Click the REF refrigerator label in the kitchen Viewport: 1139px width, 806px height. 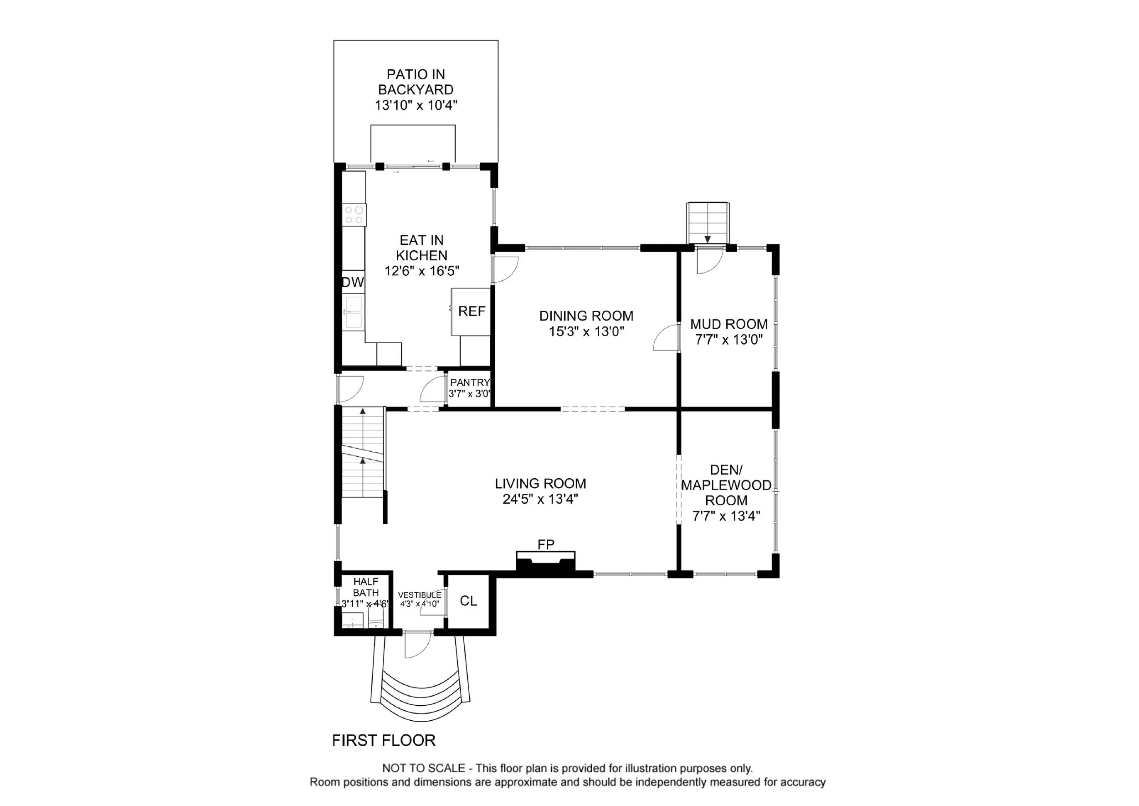pos(472,311)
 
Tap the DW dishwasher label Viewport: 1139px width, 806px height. pos(353,282)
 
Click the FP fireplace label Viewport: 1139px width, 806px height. pos(546,544)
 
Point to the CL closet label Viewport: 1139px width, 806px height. pos(468,601)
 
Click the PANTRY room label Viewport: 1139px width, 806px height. pos(470,382)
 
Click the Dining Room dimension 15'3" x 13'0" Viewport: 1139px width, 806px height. pos(586,331)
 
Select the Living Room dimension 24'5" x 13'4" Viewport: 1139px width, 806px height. pos(540,499)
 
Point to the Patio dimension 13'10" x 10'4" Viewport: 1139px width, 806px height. pos(416,105)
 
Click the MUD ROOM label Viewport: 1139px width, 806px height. pos(729,324)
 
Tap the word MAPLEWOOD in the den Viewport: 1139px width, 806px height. pos(726,485)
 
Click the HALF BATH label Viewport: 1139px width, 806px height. pos(366,587)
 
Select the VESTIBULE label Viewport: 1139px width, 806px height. pos(420,595)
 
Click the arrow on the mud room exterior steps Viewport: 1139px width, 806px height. pos(708,239)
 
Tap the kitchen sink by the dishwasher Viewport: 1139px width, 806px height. pos(354,312)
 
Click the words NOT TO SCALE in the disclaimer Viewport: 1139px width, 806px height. pos(423,768)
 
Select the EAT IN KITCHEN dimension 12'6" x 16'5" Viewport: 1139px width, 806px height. pos(422,271)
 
